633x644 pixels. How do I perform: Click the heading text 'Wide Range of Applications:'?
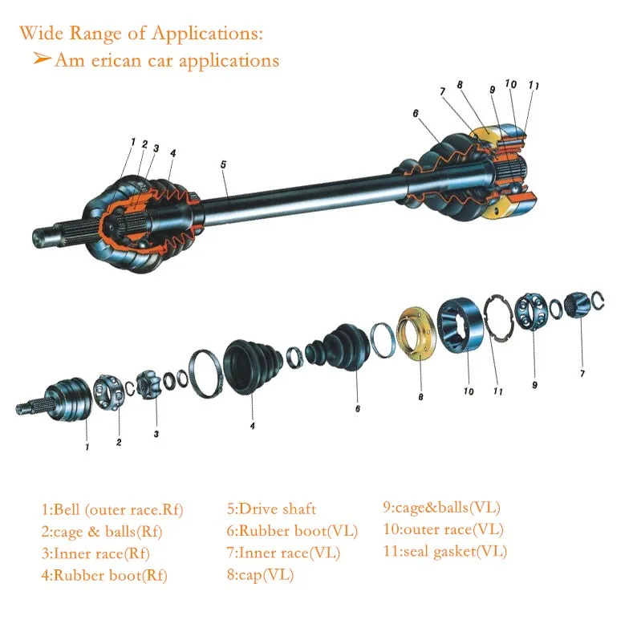[x=140, y=34]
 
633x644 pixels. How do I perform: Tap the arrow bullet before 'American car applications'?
[x=43, y=59]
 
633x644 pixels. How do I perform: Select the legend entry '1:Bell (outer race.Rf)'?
[x=112, y=509]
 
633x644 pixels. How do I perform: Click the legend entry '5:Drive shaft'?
[x=271, y=508]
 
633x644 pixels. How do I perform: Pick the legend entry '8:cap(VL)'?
[x=260, y=574]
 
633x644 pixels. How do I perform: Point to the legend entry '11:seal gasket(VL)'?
[x=444, y=551]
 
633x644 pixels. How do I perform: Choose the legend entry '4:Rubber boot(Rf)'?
[x=104, y=575]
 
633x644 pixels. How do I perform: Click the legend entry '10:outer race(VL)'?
[x=443, y=529]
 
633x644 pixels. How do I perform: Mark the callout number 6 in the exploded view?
[x=357, y=408]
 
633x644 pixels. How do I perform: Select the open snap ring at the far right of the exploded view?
[x=598, y=303]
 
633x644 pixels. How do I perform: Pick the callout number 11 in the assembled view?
[x=534, y=86]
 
